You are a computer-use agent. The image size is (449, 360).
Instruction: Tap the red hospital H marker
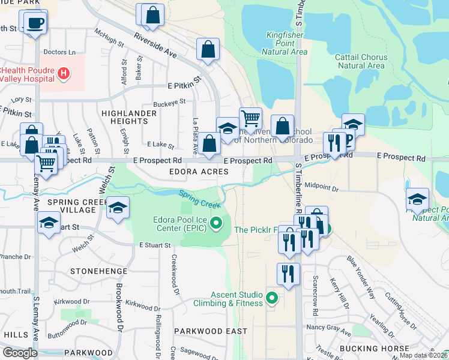(x=64, y=74)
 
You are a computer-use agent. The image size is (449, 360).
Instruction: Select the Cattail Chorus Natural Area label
(x=361, y=61)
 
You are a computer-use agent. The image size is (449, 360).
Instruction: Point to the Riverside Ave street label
(x=155, y=45)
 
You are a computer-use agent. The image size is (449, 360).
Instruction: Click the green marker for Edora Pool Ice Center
(x=218, y=225)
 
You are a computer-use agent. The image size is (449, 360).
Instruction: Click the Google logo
(x=20, y=352)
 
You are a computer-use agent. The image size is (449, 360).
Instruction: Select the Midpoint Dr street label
(x=322, y=188)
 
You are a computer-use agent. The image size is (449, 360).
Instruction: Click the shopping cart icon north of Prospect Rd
(x=250, y=117)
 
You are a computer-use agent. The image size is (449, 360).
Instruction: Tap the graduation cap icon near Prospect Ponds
(x=417, y=199)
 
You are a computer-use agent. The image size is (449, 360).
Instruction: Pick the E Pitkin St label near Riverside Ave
(x=184, y=78)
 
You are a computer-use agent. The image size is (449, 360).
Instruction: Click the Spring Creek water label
(x=200, y=198)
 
